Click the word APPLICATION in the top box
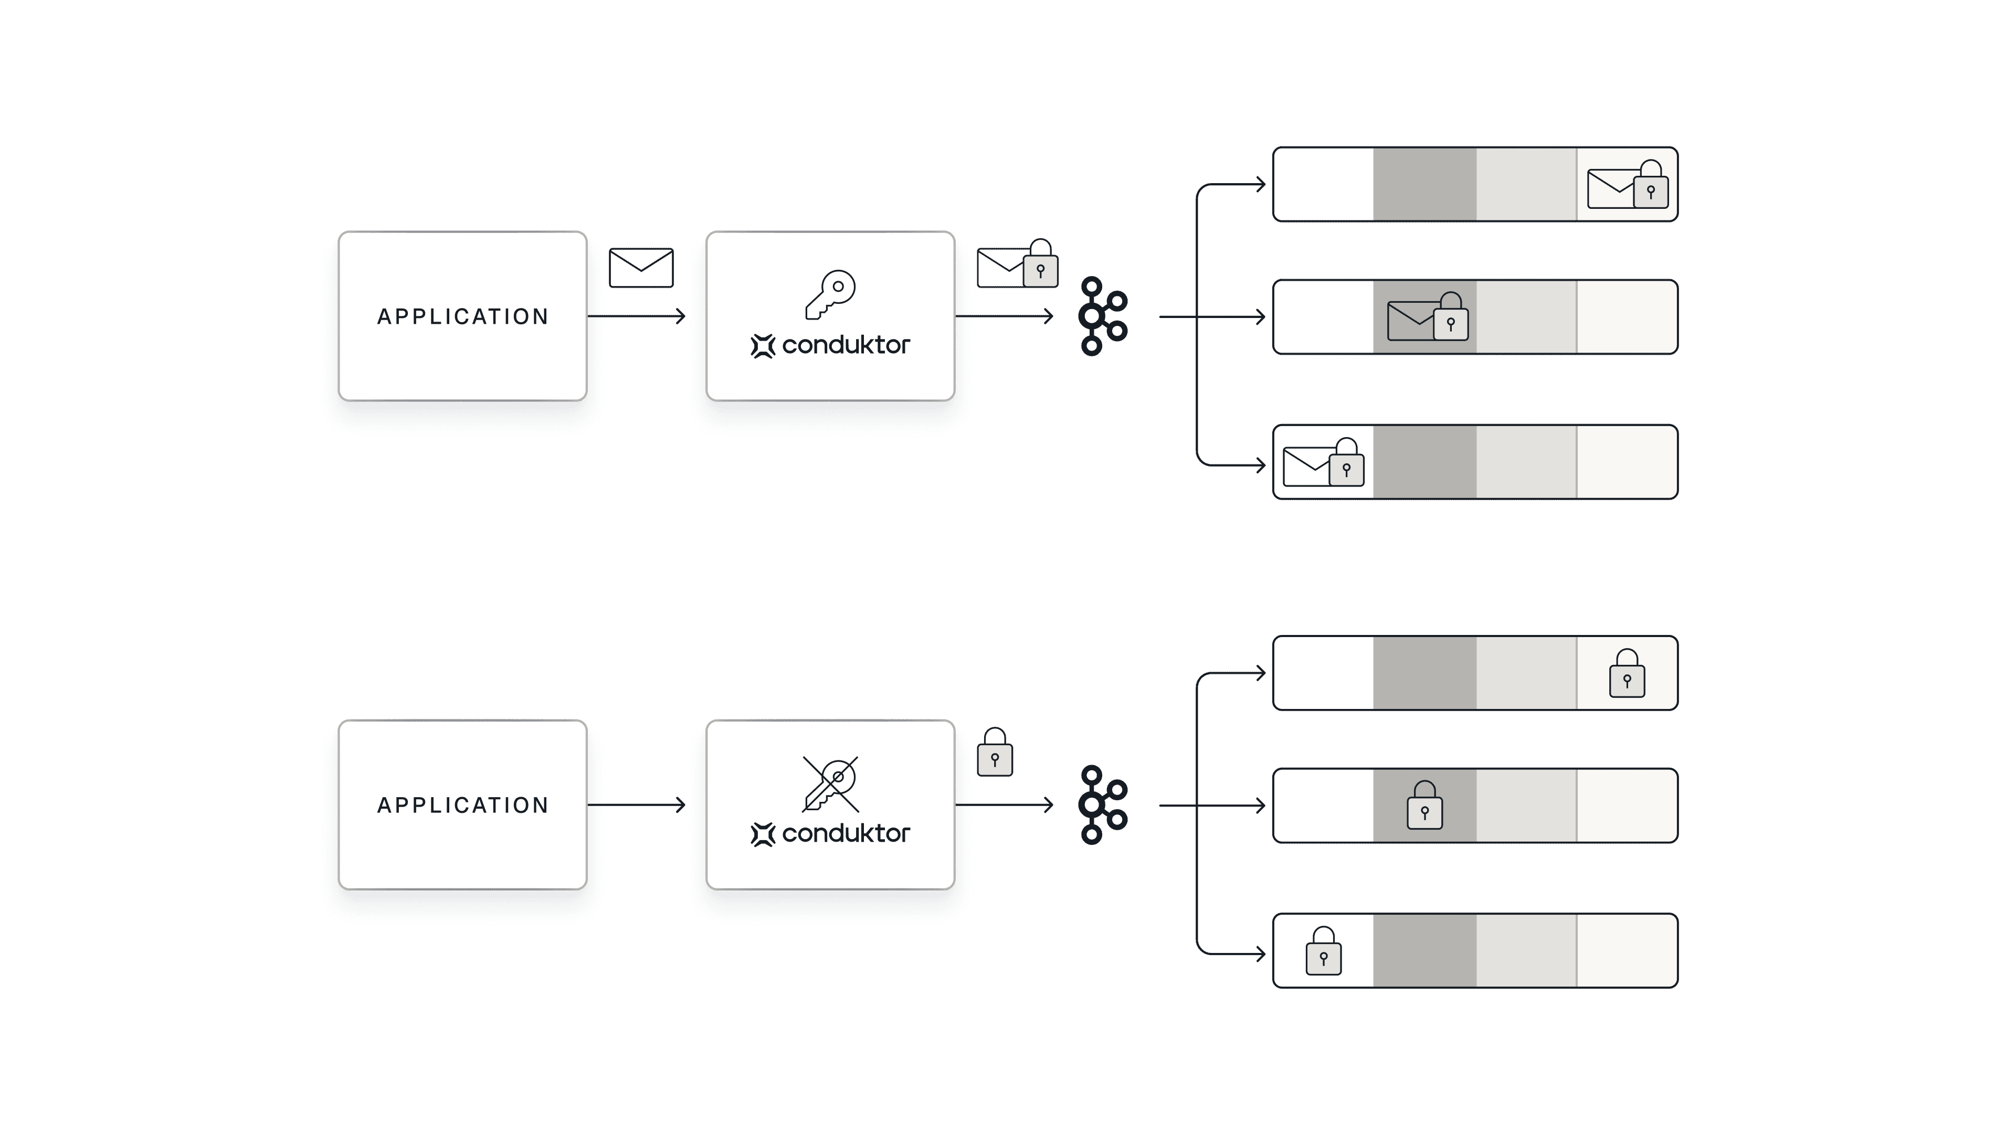click(x=462, y=316)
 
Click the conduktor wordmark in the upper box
click(x=845, y=345)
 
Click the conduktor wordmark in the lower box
click(x=845, y=833)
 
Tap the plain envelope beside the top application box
click(x=641, y=268)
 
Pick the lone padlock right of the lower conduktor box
click(x=995, y=753)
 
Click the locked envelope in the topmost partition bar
click(x=1627, y=185)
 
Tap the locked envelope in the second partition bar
click(x=1427, y=317)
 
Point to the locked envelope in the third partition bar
click(x=1323, y=463)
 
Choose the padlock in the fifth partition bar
click(x=1424, y=806)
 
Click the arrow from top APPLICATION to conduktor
click(x=638, y=316)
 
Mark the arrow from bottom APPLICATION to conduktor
click(x=638, y=804)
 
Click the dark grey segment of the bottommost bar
click(x=1424, y=951)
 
